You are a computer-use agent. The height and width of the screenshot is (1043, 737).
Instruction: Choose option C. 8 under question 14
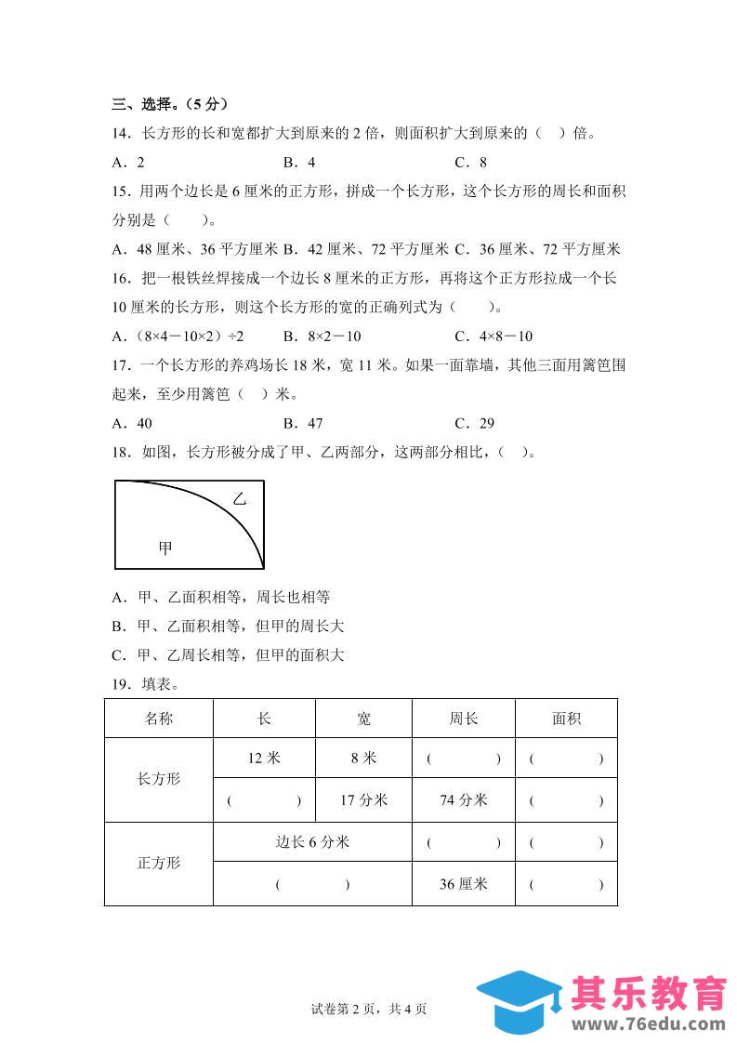pyautogui.click(x=470, y=162)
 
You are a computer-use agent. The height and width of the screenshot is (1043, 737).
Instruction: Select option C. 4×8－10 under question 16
pyautogui.click(x=507, y=337)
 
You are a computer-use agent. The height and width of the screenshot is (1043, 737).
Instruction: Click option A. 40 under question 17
pyautogui.click(x=131, y=423)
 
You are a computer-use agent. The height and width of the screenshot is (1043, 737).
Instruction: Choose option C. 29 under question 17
pyautogui.click(x=474, y=423)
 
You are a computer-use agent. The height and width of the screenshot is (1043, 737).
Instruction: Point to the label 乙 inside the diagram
pyautogui.click(x=239, y=500)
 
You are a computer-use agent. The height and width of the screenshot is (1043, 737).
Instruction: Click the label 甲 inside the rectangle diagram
pyautogui.click(x=165, y=548)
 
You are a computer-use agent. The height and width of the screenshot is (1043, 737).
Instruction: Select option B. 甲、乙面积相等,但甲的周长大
pyautogui.click(x=227, y=627)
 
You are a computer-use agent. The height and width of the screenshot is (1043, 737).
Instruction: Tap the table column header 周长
pyautogui.click(x=463, y=719)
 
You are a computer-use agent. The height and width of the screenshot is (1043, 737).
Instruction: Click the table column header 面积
pyautogui.click(x=566, y=719)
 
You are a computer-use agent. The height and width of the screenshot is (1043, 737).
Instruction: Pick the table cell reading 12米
pyautogui.click(x=264, y=758)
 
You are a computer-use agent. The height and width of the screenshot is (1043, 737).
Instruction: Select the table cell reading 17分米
pyautogui.click(x=363, y=799)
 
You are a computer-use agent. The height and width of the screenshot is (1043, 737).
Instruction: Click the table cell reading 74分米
pyautogui.click(x=463, y=799)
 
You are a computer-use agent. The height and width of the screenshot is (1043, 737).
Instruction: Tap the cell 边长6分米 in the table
pyautogui.click(x=312, y=842)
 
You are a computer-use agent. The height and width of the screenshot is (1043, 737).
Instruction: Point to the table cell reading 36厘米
pyautogui.click(x=463, y=884)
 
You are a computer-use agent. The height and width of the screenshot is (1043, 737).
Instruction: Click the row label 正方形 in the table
pyautogui.click(x=159, y=863)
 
